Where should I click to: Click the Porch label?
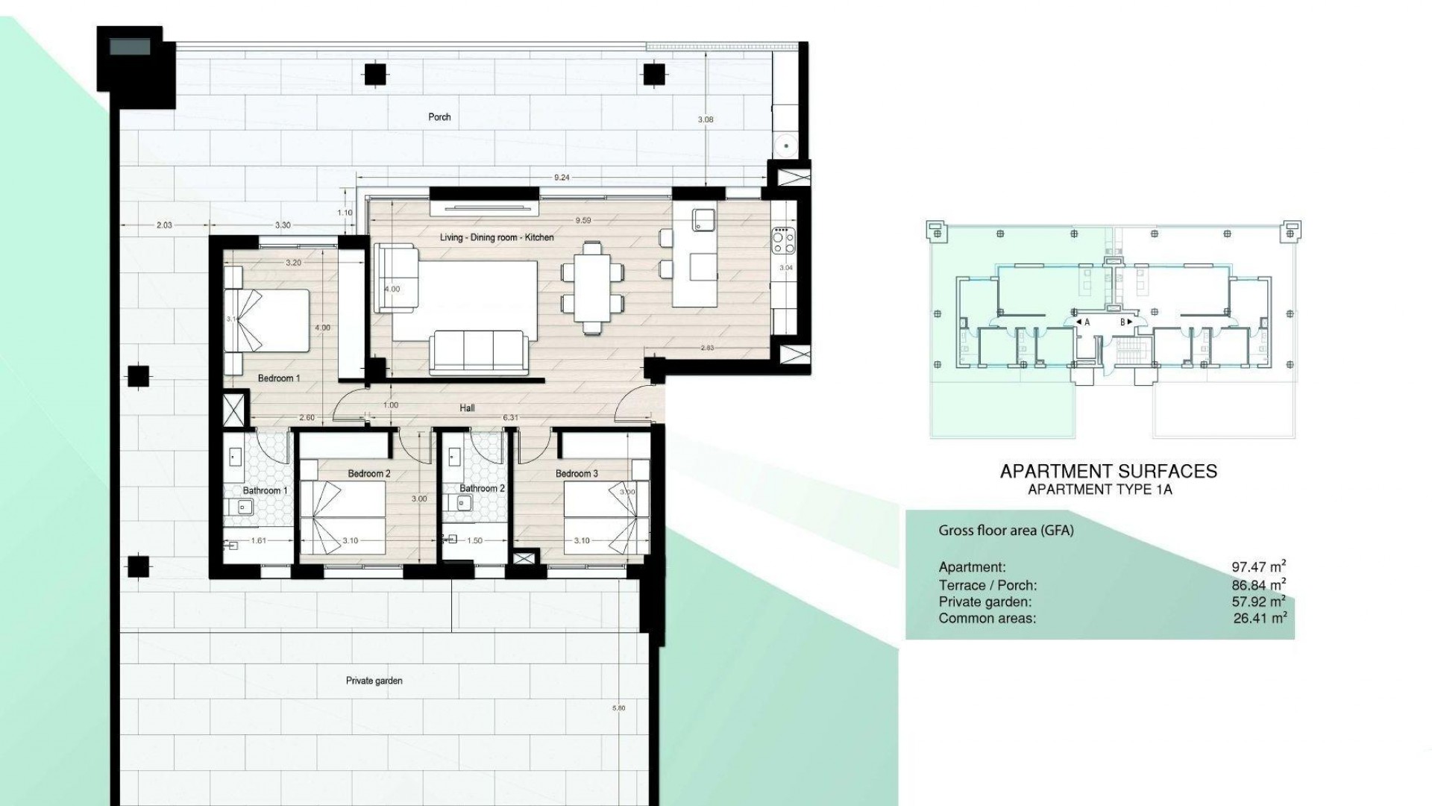(x=439, y=117)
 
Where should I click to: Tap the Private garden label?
(x=374, y=681)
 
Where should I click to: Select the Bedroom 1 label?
(x=279, y=378)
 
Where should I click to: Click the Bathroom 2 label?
(x=482, y=489)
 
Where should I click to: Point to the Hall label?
(x=467, y=408)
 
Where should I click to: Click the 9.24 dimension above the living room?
(x=562, y=178)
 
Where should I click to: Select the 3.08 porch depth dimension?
(x=705, y=119)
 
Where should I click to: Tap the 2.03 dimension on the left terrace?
(x=164, y=225)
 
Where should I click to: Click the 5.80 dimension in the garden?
(x=618, y=707)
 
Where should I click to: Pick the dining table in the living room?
(x=592, y=287)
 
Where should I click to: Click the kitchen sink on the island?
(x=704, y=219)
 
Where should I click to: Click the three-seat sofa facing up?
(x=478, y=354)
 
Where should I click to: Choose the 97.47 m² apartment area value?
(x=1258, y=567)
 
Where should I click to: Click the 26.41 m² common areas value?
(x=1259, y=619)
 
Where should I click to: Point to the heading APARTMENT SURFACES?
(x=1108, y=472)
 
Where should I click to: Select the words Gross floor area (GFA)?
(x=1005, y=531)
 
